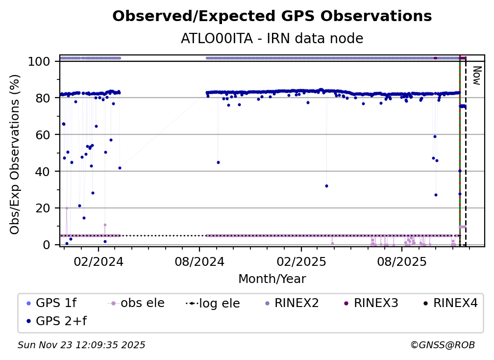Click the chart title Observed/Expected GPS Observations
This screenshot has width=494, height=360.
pos(272,17)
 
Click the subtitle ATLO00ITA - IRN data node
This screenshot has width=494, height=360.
pos(272,38)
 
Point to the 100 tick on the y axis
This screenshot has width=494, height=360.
pos(43,61)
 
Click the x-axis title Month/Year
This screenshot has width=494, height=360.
pos(272,279)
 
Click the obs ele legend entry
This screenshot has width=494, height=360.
pos(142,303)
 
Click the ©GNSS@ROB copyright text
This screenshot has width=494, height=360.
pos(442,345)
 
